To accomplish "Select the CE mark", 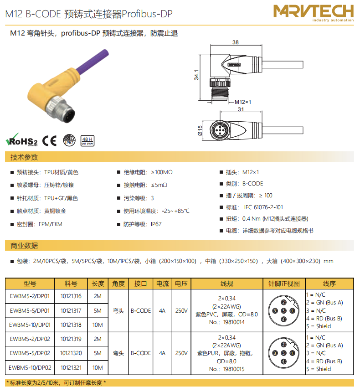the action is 49,141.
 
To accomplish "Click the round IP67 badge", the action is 69,140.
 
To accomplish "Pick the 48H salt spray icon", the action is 87,141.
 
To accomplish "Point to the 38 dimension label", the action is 236,42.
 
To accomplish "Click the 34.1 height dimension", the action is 196,75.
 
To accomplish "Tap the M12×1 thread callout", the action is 243,102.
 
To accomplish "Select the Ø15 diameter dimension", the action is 200,130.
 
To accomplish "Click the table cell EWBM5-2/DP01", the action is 30,296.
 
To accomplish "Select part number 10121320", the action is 71,353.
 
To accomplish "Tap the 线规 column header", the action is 227,284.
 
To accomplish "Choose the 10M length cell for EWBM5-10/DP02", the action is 98,367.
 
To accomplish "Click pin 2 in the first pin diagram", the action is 283,303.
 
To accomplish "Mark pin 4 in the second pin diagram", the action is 283,361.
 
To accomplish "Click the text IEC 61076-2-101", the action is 263,207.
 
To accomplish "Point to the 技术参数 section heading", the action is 24,157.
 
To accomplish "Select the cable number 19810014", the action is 234,322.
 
